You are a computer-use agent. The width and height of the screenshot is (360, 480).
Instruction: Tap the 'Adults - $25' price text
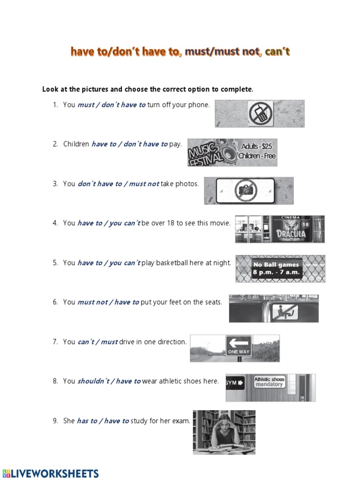click(x=257, y=146)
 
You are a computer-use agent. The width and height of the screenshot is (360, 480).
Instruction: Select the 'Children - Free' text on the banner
click(x=256, y=156)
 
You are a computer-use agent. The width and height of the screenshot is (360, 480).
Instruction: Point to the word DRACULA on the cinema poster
click(x=291, y=233)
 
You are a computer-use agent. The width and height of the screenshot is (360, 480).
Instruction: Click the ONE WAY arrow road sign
click(x=239, y=346)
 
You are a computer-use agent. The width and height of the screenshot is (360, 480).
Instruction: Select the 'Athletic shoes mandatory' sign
click(x=269, y=382)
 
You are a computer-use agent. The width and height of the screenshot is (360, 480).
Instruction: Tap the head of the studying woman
click(x=224, y=424)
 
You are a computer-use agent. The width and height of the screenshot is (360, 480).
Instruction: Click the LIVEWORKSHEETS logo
click(x=51, y=473)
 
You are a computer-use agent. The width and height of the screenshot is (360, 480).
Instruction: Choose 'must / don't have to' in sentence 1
click(x=111, y=105)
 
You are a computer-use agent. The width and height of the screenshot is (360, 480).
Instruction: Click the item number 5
click(x=55, y=263)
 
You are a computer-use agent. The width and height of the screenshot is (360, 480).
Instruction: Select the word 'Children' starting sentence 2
click(x=76, y=144)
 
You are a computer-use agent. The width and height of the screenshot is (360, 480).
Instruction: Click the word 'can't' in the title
click(x=277, y=52)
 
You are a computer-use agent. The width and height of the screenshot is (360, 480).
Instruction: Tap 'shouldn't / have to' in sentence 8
click(x=109, y=381)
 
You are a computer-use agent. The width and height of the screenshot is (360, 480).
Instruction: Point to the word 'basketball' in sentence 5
click(x=172, y=263)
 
